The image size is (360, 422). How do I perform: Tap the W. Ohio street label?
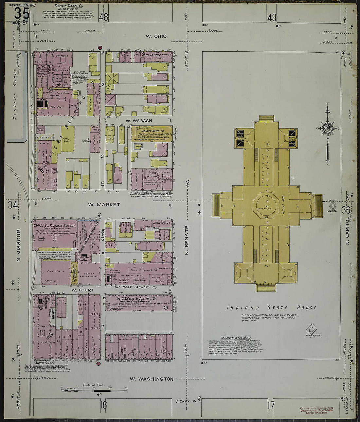(156, 36)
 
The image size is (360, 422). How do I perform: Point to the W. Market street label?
(104, 204)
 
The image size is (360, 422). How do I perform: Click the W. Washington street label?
(151, 379)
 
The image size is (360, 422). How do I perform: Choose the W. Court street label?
(83, 290)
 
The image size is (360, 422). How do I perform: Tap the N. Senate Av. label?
(187, 240)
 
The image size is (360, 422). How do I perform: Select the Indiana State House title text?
(272, 308)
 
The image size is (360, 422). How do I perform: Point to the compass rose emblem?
(327, 128)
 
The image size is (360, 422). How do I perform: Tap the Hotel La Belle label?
(150, 55)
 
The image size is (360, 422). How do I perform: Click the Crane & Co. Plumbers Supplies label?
(54, 226)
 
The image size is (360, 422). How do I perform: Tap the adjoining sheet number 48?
(104, 17)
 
